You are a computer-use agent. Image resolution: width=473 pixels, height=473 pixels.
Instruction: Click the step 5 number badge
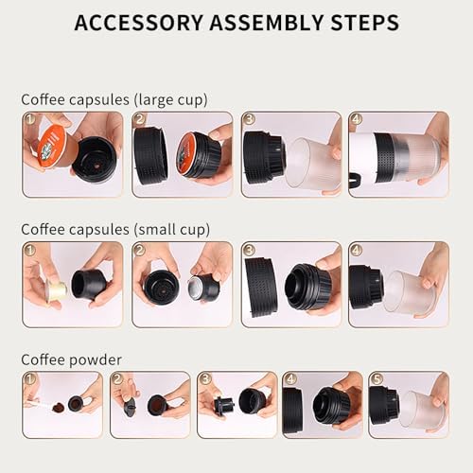pos(377,378)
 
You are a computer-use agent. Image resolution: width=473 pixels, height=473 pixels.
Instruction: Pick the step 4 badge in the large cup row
pos(356,120)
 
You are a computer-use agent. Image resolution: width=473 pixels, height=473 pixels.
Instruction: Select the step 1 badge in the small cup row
pos(30,250)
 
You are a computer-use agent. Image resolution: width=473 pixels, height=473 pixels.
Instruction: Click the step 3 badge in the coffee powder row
pos(204,378)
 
